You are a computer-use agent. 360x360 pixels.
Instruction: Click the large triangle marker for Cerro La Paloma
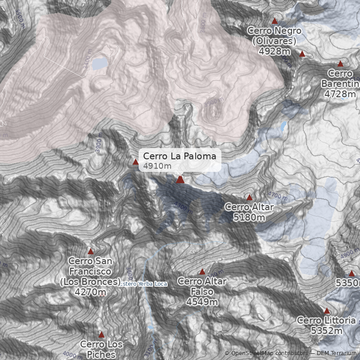(180, 180)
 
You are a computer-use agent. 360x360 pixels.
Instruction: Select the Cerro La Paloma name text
(180, 156)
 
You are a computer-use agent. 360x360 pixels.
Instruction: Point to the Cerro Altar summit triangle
(249, 198)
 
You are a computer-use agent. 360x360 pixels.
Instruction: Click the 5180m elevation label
(249, 217)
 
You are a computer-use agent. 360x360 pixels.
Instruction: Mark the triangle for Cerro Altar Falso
(202, 272)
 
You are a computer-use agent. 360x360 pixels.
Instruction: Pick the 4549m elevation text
(202, 301)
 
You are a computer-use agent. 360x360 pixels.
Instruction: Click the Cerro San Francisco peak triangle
(90, 252)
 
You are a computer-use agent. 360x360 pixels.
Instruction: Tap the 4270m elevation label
(90, 292)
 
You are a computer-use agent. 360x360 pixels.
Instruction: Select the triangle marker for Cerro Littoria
(327, 311)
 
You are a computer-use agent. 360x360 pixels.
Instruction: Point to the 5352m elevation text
(327, 331)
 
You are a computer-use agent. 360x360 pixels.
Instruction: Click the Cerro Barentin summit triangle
(340, 64)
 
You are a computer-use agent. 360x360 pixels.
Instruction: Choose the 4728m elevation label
(340, 94)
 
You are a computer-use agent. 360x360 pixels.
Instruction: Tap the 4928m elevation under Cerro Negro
(274, 51)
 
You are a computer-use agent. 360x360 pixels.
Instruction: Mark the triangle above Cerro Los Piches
(101, 335)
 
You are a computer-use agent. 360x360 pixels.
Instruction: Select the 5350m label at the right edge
(348, 283)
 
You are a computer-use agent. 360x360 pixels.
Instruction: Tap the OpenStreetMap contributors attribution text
(270, 353)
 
